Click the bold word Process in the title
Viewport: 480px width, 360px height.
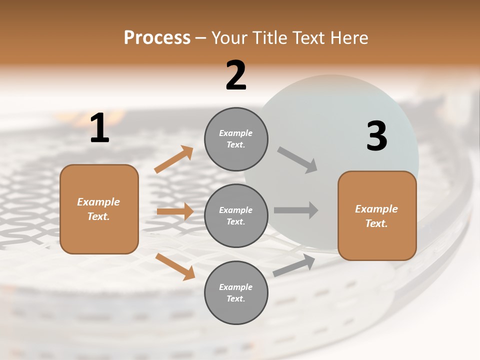[157, 38]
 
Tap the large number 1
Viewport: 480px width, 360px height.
[99, 129]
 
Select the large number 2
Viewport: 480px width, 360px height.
[236, 75]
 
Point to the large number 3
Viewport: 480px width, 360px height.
[376, 136]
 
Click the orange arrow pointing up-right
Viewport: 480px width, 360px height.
[174, 159]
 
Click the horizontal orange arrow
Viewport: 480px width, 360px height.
[175, 211]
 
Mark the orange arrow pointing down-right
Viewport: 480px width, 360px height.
[175, 266]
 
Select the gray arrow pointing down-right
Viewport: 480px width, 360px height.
[297, 160]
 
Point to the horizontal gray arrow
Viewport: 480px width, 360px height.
[296, 210]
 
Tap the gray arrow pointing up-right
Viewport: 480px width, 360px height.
[294, 265]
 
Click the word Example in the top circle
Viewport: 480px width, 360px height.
[236, 133]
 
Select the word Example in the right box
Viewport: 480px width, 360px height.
[376, 209]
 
